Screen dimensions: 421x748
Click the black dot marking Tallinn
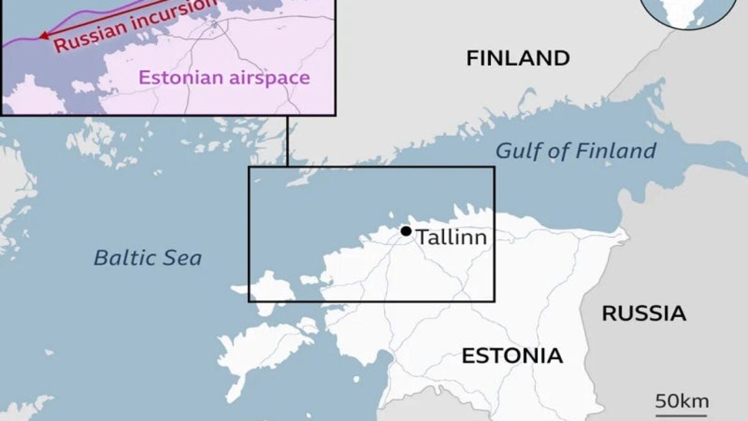pyautogui.click(x=406, y=231)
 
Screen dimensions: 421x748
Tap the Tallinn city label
pyautogui.click(x=451, y=238)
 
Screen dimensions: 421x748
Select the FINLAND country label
pyautogui.click(x=518, y=59)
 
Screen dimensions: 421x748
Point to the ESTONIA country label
pyautogui.click(x=512, y=356)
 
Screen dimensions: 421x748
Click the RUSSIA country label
pyautogui.click(x=644, y=314)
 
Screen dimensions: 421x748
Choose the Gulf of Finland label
pyautogui.click(x=576, y=151)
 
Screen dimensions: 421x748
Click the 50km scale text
pyautogui.click(x=681, y=400)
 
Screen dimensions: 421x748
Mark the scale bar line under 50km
pyautogui.click(x=681, y=414)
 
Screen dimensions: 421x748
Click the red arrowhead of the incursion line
pyautogui.click(x=44, y=36)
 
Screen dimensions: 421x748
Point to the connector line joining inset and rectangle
pyautogui.click(x=287, y=141)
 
